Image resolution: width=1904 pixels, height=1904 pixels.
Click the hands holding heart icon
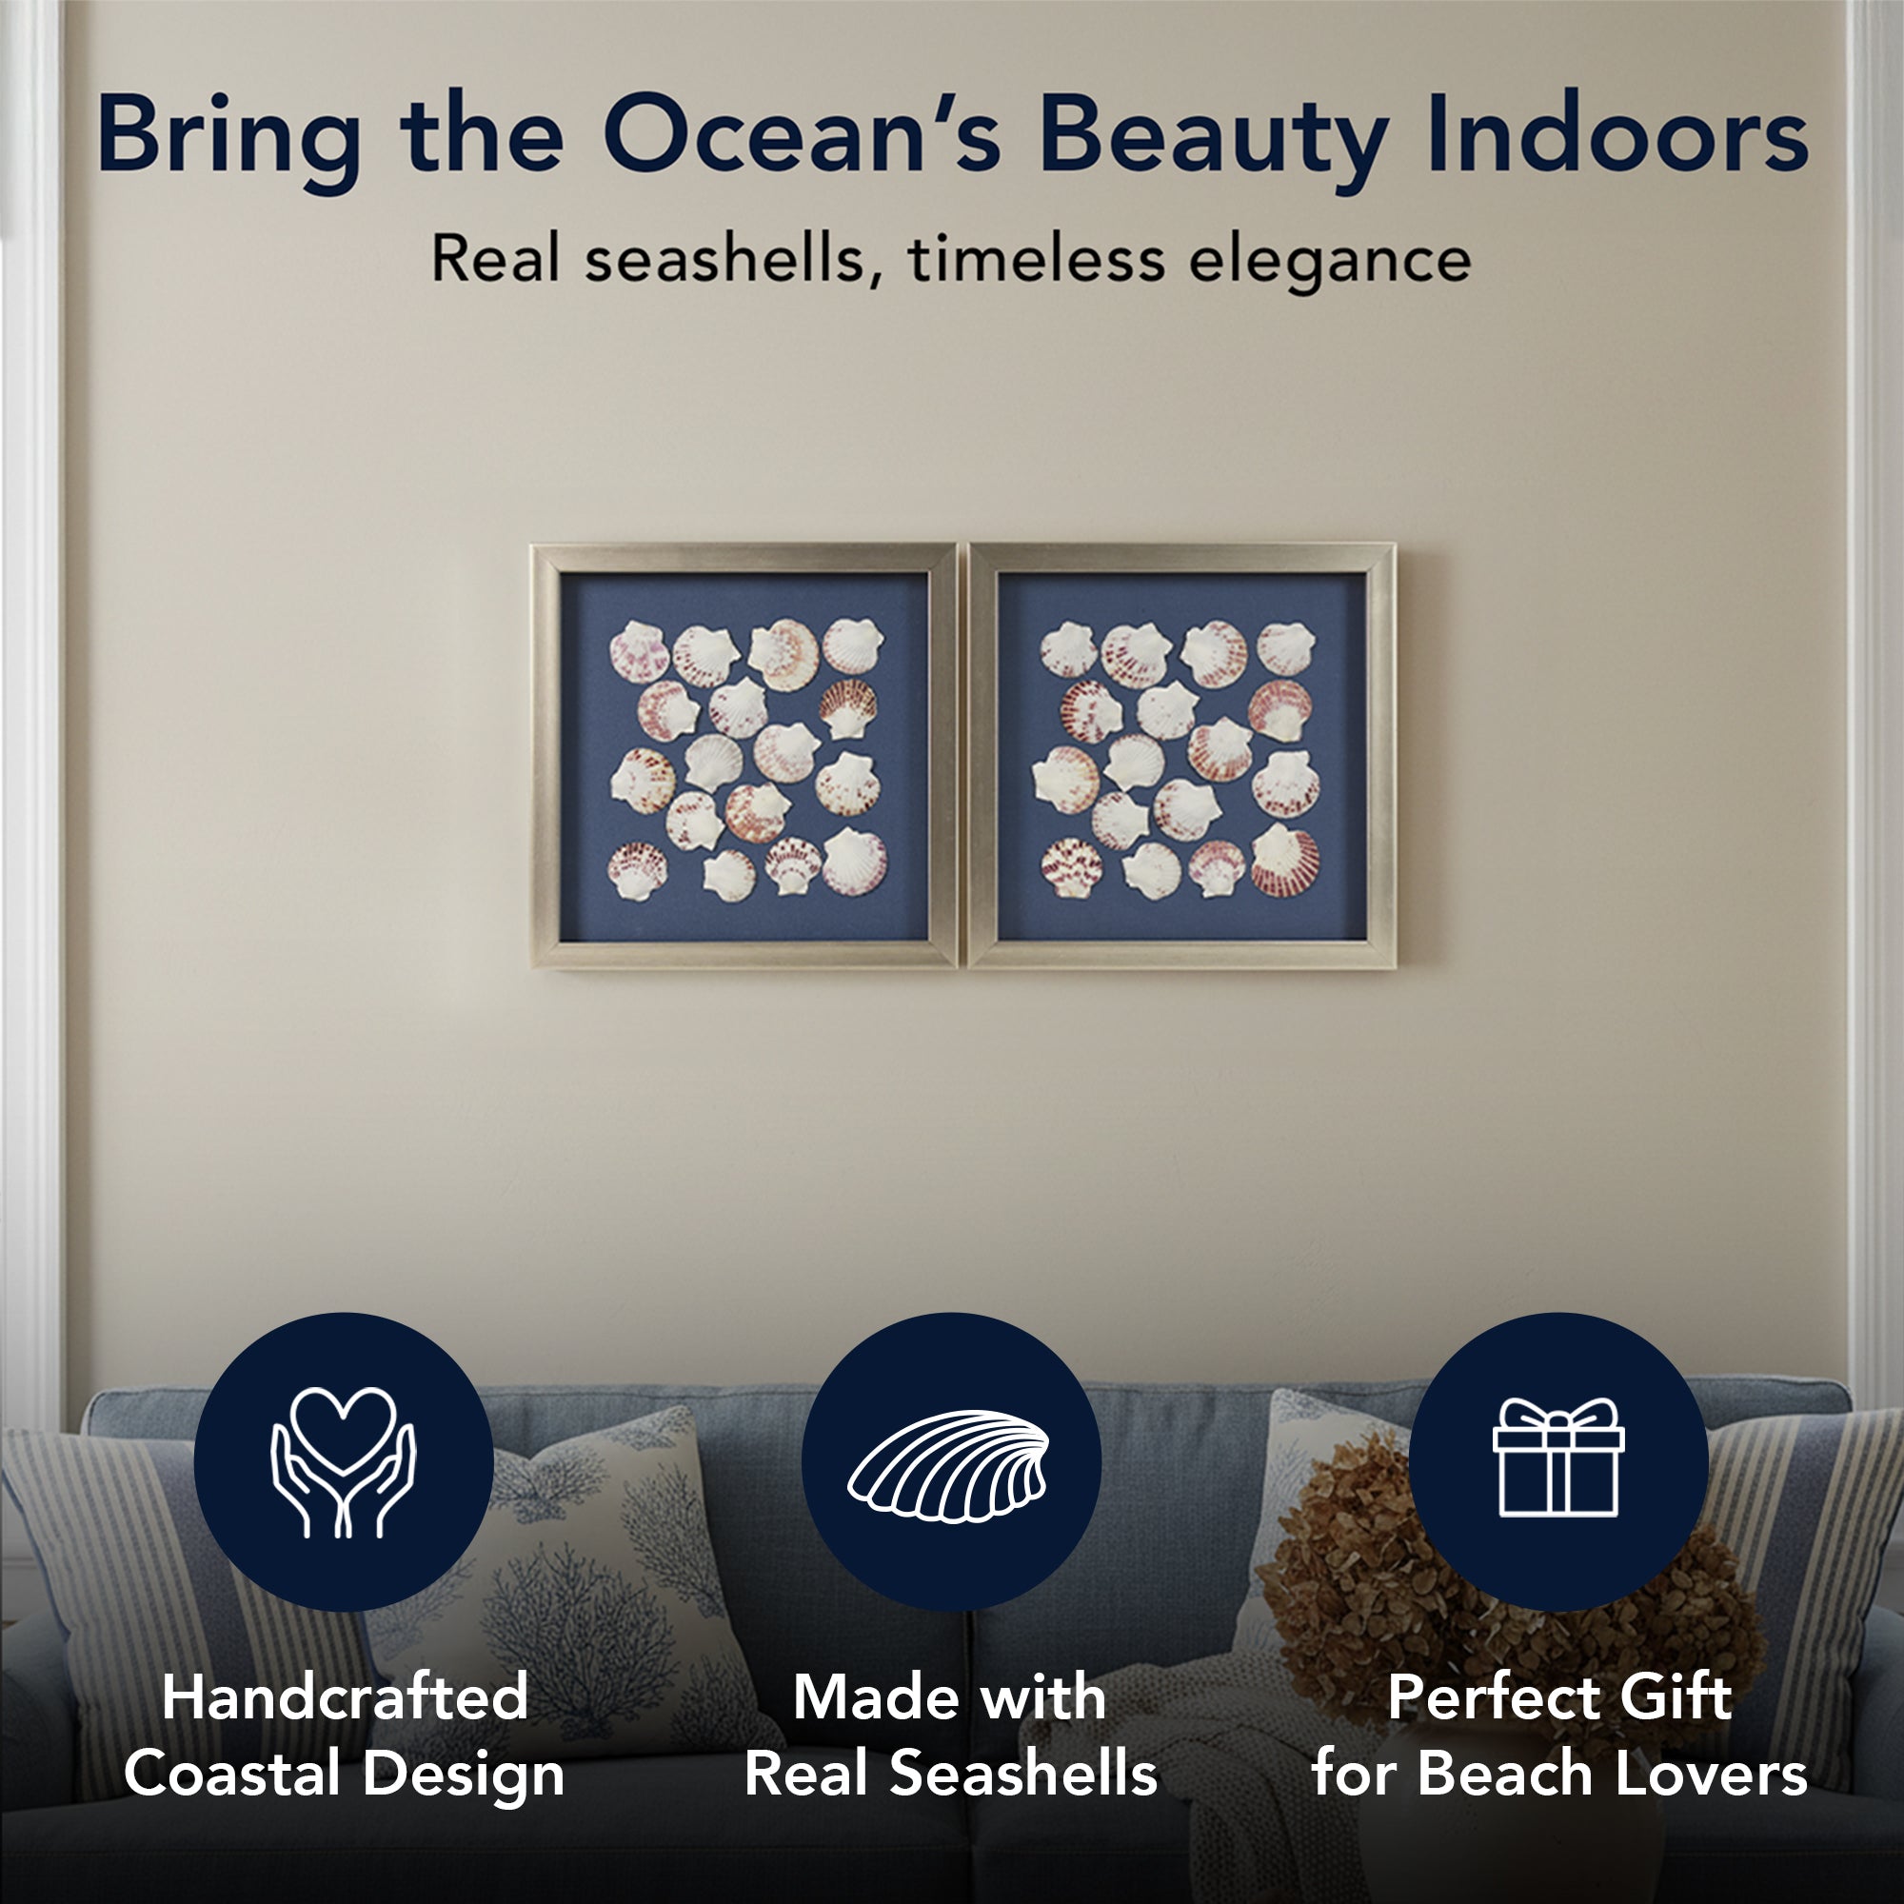(x=343, y=1461)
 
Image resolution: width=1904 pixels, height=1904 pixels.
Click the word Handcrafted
(x=345, y=1697)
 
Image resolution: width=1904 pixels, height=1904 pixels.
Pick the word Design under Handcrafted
(x=464, y=1775)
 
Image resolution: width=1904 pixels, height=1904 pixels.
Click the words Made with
(x=950, y=1697)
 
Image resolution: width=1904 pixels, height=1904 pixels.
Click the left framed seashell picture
(x=744, y=756)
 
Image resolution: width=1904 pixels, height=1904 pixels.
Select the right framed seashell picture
(x=1181, y=756)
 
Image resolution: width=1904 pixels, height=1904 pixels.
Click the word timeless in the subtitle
(x=1036, y=259)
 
